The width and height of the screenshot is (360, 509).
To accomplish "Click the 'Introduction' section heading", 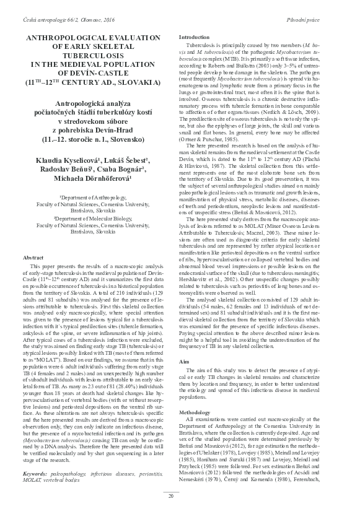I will (193, 38).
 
